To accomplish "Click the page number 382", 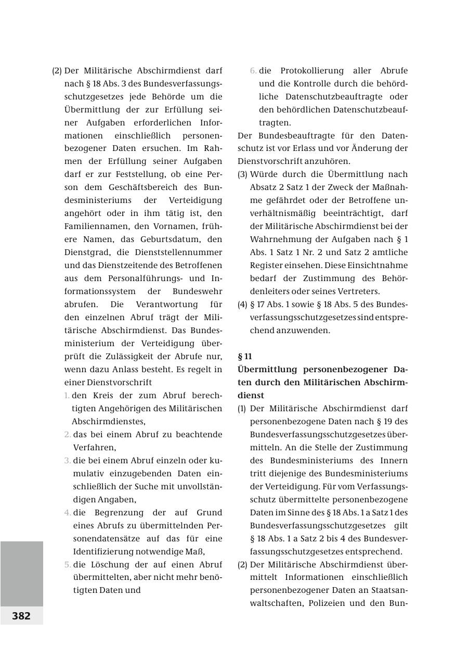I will [21, 616].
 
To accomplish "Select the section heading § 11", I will [244, 357].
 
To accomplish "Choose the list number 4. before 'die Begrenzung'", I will [68, 513].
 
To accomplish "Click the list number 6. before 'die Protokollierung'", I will [253, 71].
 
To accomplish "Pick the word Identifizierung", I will [110, 552].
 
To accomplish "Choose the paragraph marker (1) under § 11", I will [242, 409].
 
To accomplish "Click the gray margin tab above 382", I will [21, 573].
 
